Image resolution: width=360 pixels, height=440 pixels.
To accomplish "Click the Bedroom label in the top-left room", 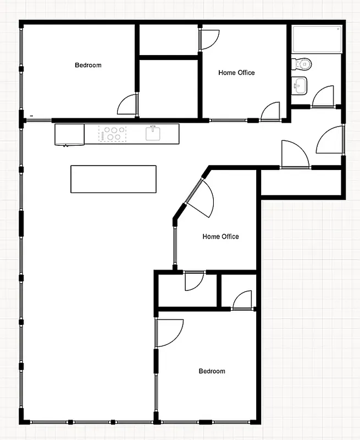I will pos(88,65).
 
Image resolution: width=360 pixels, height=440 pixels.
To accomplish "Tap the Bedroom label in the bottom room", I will pos(212,371).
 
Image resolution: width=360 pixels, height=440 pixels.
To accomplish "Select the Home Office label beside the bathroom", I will pos(236,73).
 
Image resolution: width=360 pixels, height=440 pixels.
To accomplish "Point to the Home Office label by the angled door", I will pos(220,237).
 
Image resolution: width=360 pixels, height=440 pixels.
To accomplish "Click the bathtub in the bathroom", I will pos(317,38).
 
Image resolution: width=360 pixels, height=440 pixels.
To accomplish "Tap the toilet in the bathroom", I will pos(302,64).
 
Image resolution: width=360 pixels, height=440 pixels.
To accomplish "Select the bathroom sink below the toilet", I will pos(300,86).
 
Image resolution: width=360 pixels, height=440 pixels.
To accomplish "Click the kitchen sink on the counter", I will pos(153,134).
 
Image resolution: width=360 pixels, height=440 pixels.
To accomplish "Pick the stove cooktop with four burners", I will pos(113,134).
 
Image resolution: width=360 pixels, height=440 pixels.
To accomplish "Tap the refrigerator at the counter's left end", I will pos(69,135).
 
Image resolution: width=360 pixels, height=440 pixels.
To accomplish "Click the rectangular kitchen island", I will pos(113,179).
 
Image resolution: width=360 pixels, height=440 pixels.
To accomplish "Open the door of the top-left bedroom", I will pos(128,105).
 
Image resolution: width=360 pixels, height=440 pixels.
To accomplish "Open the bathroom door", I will pos(323,96).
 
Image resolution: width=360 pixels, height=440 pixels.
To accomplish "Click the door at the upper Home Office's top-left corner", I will pos(209,39).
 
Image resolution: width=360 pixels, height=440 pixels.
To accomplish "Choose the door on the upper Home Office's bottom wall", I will pos(270,112).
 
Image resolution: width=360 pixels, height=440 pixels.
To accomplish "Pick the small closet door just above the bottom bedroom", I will pos(242,300).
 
